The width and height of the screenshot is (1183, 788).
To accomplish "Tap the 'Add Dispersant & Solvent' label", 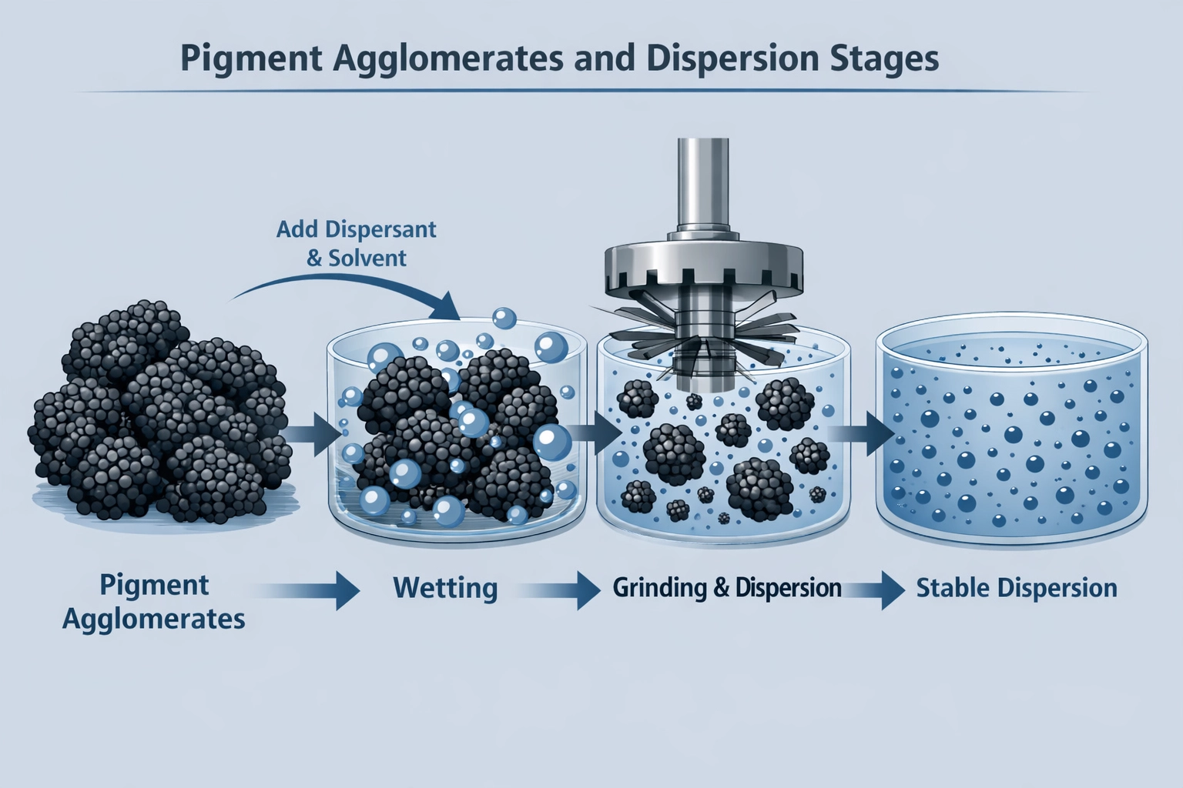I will pyautogui.click(x=357, y=243).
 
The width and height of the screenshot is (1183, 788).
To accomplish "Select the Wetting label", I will pyautogui.click(x=445, y=589).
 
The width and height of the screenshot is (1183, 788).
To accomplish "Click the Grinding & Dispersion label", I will pyautogui.click(x=726, y=589).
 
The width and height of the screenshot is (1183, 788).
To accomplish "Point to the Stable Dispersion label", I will pyautogui.click(x=1016, y=589).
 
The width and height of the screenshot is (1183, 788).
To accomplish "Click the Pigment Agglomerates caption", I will pyautogui.click(x=154, y=602).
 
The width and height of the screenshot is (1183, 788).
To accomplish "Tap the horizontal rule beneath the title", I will pyautogui.click(x=585, y=92).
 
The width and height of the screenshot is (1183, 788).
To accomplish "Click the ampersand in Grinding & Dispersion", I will pyautogui.click(x=721, y=589).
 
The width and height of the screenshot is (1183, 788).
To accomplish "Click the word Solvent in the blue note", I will pyautogui.click(x=367, y=257).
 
